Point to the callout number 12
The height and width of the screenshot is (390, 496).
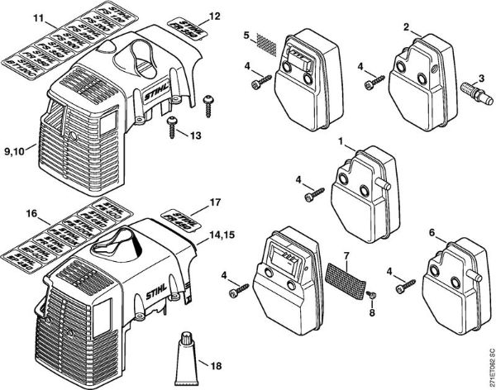coord(214,16)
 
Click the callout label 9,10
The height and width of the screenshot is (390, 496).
coord(17,151)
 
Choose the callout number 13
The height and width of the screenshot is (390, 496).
coord(195,135)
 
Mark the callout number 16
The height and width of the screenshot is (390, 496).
coord(32,213)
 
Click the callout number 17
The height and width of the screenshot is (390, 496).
coord(214,201)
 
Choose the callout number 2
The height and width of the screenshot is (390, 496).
coord(405,26)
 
